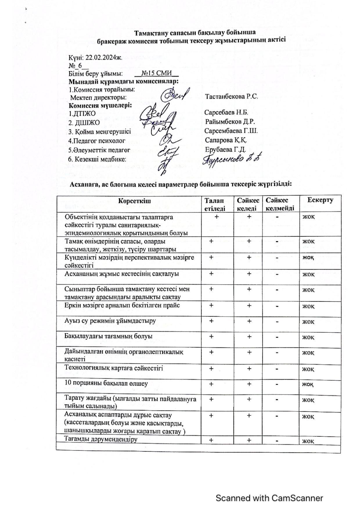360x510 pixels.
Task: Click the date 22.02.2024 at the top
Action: click(103, 57)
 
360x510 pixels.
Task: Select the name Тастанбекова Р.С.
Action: click(231, 96)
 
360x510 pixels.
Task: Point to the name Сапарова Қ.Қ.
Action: click(226, 140)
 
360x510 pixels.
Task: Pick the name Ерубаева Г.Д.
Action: click(225, 150)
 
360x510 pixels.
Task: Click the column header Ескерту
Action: click(320, 200)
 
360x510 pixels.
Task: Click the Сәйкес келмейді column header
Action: click(280, 204)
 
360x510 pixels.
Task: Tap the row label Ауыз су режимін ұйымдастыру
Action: click(110, 321)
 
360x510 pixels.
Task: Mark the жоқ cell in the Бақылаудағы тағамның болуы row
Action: click(308, 337)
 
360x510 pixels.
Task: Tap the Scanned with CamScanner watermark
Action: click(269, 498)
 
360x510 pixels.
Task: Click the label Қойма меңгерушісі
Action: click(100, 132)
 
